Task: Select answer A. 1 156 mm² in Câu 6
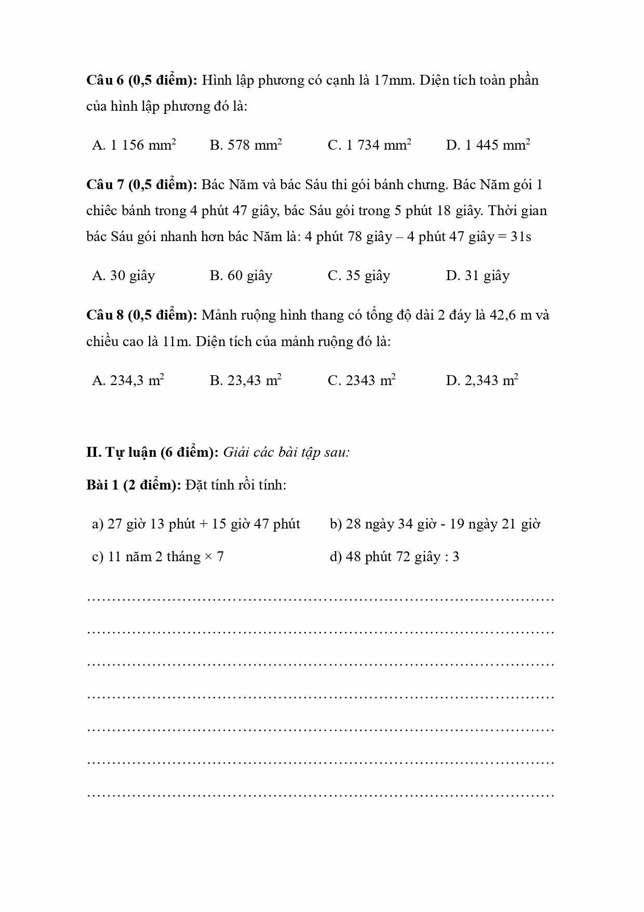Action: click(x=134, y=145)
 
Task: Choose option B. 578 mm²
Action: click(x=246, y=145)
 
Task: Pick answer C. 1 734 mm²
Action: click(x=369, y=145)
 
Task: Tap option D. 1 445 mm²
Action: click(x=488, y=145)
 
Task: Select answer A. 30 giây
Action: click(x=124, y=275)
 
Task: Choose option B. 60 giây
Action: click(x=241, y=275)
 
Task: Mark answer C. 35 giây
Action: click(x=359, y=275)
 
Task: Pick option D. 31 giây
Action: click(x=477, y=275)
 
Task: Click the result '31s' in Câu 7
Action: click(x=521, y=237)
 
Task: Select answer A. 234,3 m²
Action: click(x=128, y=380)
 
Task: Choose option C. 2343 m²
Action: click(x=361, y=380)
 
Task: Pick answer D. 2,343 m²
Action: click(x=482, y=380)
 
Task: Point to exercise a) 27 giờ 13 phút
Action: click(x=196, y=524)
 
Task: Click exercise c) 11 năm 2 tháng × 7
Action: click(x=158, y=557)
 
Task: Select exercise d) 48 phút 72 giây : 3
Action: click(x=394, y=557)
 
